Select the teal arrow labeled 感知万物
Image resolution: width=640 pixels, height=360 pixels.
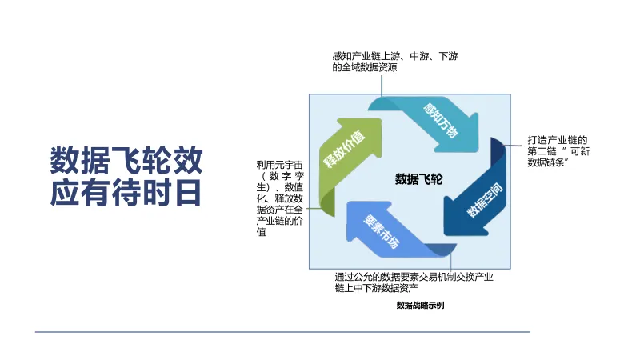click(x=442, y=122)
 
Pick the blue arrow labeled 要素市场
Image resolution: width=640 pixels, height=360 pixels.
click(x=382, y=230)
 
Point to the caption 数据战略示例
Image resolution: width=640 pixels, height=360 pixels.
click(x=420, y=305)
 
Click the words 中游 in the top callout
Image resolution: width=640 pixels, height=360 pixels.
click(x=418, y=56)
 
